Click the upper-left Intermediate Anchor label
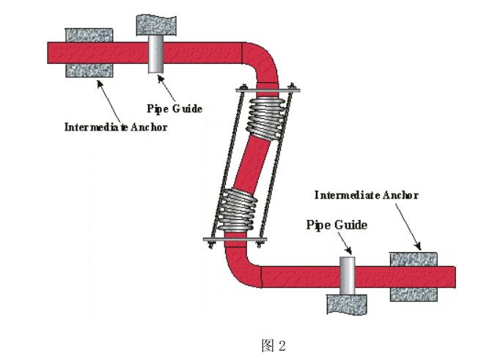pos(115,127)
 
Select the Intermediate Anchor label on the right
pos(366,195)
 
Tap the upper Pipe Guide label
pos(174,109)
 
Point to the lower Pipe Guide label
pos(337,224)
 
